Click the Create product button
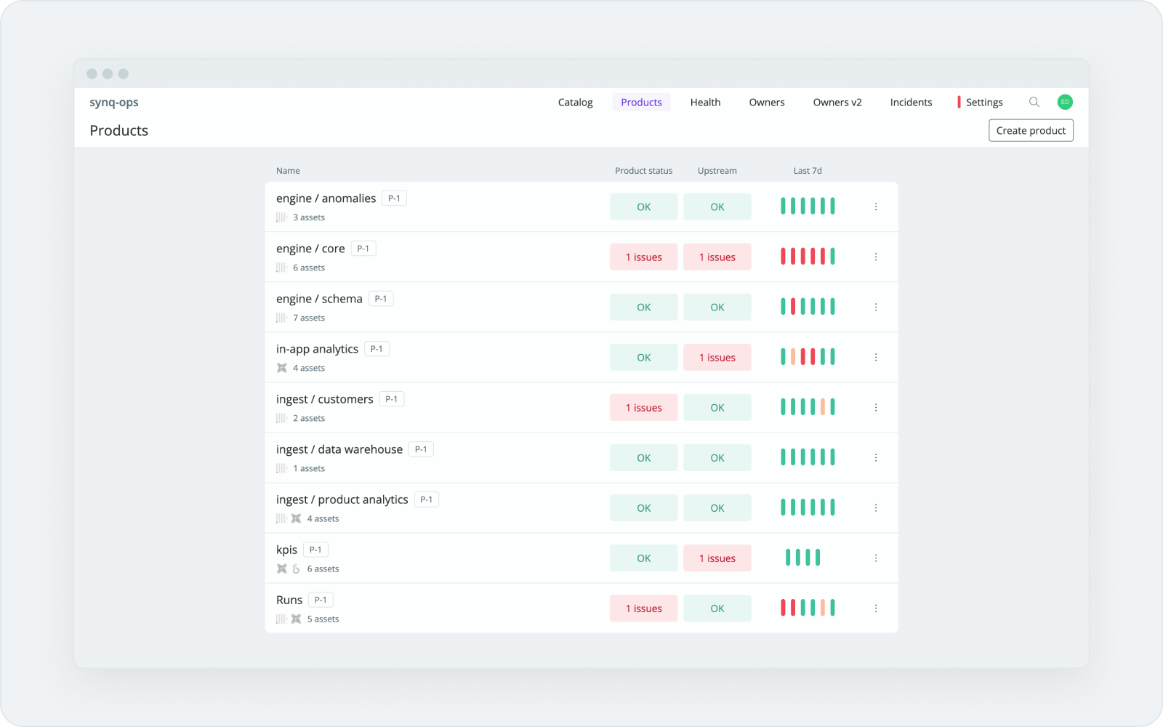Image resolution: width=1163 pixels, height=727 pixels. coord(1031,131)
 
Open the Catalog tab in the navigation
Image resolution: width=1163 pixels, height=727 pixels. coord(575,103)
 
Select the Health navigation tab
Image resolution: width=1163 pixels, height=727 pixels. coord(705,103)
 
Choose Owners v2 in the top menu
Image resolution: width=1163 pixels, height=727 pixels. coord(837,103)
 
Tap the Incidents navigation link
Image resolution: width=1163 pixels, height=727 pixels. coord(911,103)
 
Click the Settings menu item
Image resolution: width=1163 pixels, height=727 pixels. coord(984,103)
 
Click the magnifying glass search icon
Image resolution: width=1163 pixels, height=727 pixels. coord(1034,103)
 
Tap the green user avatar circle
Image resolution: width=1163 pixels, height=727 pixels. coord(1065,103)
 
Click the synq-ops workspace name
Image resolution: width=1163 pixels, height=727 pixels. coord(114,103)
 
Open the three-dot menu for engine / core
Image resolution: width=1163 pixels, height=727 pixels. coord(876,257)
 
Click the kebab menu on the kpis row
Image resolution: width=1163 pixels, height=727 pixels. coord(876,558)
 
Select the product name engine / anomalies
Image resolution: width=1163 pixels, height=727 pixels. coord(326,198)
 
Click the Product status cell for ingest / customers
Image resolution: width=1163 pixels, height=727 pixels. coord(643,408)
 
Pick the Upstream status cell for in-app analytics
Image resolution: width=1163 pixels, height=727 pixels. coord(717,358)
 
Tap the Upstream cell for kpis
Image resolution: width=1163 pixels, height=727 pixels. coord(717,558)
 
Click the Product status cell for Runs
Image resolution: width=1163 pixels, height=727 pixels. coord(643,608)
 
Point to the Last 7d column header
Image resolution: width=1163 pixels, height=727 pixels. coord(808,171)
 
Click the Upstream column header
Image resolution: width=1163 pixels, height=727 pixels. coord(717,171)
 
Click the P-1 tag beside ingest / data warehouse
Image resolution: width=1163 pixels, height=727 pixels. coord(421,449)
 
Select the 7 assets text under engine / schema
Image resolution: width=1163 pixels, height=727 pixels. coord(309,318)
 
